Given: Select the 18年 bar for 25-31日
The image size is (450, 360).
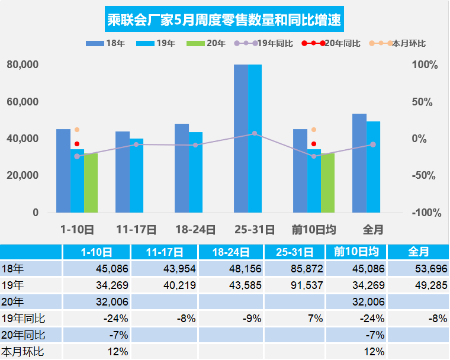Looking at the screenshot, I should [x=241, y=139].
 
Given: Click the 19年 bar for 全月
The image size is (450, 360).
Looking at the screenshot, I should [x=374, y=167].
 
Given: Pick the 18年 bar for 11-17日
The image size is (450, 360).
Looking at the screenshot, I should [x=123, y=172].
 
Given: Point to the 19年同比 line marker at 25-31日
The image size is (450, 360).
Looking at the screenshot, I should [x=255, y=134].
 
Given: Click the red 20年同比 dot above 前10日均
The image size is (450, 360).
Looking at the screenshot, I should [x=314, y=144].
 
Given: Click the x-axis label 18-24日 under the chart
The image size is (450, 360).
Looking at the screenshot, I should [x=195, y=230].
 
